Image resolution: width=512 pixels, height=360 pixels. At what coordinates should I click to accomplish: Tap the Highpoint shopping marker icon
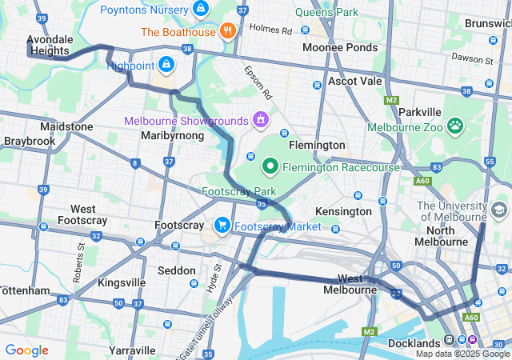click(x=166, y=63)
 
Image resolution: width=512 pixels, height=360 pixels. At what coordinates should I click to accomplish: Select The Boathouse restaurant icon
click(x=228, y=32)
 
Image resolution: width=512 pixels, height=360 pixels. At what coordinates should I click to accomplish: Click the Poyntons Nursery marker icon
click(x=200, y=10)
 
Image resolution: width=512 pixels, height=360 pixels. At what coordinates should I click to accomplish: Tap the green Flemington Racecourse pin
click(x=270, y=166)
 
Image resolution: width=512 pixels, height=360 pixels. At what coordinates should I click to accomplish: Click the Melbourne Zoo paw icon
click(x=455, y=126)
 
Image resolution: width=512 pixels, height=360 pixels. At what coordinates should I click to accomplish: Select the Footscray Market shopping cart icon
click(x=222, y=226)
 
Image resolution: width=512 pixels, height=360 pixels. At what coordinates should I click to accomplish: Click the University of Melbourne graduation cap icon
click(x=499, y=210)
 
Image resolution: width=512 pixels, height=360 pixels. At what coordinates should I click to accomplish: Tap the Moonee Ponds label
click(x=339, y=48)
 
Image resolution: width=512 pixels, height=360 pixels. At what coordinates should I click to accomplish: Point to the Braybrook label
click(x=29, y=141)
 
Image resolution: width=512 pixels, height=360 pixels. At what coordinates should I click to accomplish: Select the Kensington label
click(x=344, y=211)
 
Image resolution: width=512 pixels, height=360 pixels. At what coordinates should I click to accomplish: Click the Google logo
click(x=26, y=350)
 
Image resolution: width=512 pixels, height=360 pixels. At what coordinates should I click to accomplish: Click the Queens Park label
click(x=326, y=13)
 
